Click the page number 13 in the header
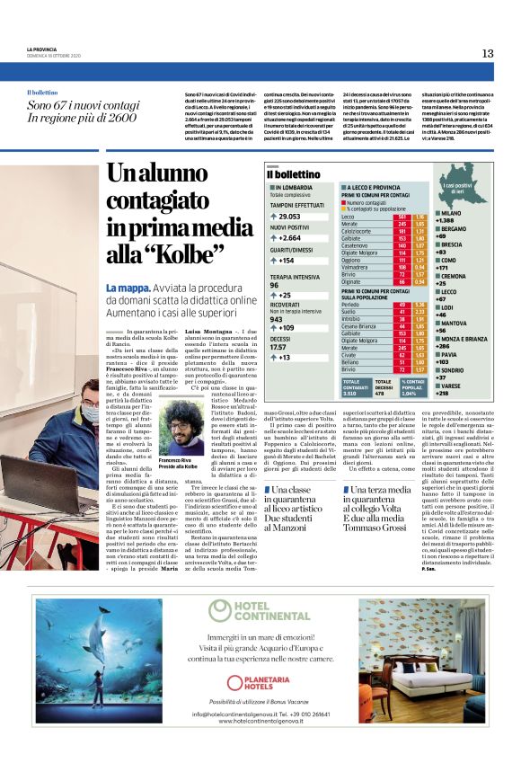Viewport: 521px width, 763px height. pyautogui.click(x=487, y=53)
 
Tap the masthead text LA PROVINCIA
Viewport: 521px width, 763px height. pyautogui.click(x=42, y=49)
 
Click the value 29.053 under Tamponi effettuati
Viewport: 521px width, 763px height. pyautogui.click(x=289, y=217)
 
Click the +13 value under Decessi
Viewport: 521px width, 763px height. pyautogui.click(x=285, y=357)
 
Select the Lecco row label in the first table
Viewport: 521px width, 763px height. pyautogui.click(x=348, y=217)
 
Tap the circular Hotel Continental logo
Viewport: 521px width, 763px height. pyautogui.click(x=218, y=613)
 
